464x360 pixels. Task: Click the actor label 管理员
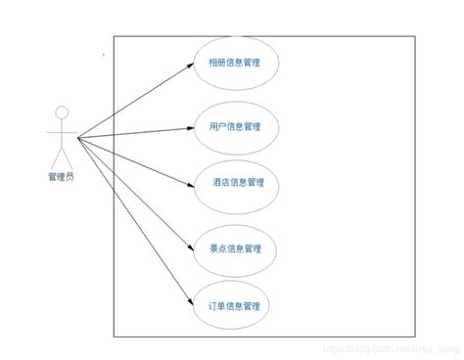pyautogui.click(x=60, y=176)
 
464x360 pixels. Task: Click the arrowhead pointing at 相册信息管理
pyautogui.click(x=191, y=65)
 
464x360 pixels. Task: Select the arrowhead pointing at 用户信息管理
pyautogui.click(x=191, y=126)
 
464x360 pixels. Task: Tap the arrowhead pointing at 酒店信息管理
pyautogui.click(x=191, y=181)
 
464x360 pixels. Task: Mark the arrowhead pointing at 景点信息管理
pyautogui.click(x=191, y=248)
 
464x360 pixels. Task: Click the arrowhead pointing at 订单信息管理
pyautogui.click(x=191, y=304)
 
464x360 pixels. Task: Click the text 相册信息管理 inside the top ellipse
pyautogui.click(x=236, y=65)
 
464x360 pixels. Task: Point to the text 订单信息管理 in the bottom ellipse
pyautogui.click(x=236, y=305)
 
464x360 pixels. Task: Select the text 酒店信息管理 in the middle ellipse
pyautogui.click(x=237, y=182)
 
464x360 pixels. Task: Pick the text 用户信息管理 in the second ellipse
pyautogui.click(x=236, y=126)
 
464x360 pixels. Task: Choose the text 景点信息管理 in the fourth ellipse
pyautogui.click(x=236, y=248)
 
